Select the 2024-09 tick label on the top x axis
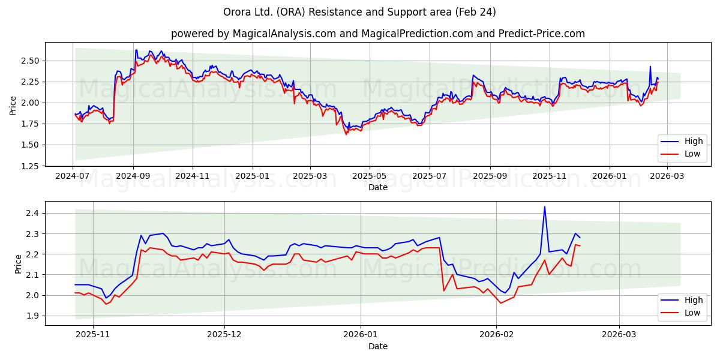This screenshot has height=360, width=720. [133, 176]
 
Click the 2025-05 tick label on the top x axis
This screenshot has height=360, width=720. [369, 176]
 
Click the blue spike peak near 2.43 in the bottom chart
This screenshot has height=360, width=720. [544, 207]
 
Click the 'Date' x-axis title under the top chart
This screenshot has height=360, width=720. [377, 187]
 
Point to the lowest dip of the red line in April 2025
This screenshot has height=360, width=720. [346, 134]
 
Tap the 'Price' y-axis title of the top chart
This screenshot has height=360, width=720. [13, 106]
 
